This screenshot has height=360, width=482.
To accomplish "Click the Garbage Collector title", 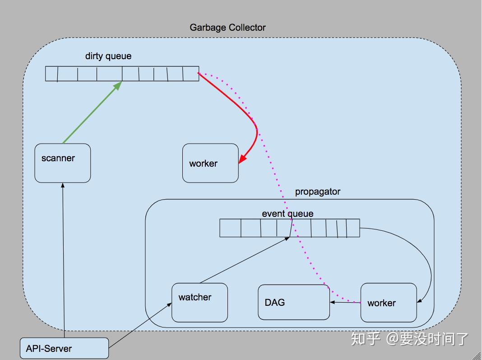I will [227, 28].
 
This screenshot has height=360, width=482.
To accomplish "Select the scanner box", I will [63, 163].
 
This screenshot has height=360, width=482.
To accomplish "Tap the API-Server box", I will [64, 348].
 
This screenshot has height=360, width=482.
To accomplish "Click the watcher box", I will [199, 302].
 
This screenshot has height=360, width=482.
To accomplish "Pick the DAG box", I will [293, 302].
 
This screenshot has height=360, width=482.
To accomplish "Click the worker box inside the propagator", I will [388, 303].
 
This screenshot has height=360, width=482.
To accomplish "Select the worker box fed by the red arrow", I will [210, 163].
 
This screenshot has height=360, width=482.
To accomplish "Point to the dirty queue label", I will [108, 56].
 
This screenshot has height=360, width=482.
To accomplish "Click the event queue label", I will [287, 214].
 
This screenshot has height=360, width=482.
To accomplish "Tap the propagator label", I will [318, 192].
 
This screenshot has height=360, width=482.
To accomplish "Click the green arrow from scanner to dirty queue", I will [93, 112].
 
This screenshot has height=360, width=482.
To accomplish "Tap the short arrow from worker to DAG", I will [345, 302].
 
